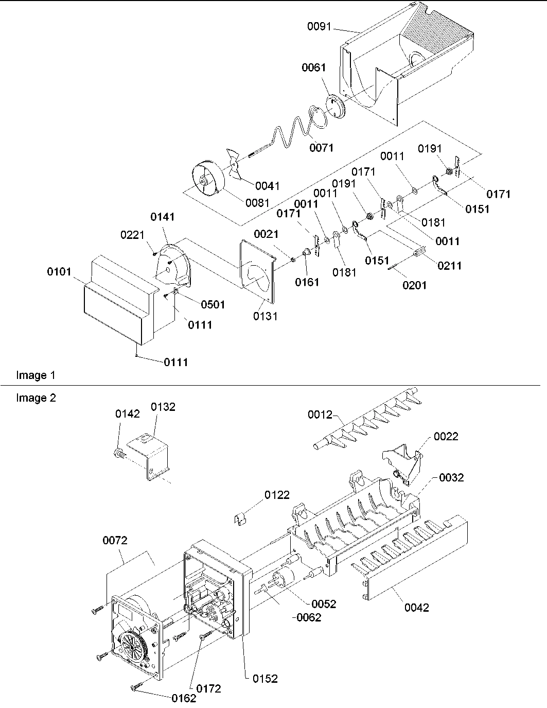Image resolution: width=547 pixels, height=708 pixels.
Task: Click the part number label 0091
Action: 320,27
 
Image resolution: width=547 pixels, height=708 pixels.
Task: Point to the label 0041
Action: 267,186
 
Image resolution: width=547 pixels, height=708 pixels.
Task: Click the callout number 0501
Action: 213,304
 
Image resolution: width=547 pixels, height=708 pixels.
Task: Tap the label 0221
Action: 133,235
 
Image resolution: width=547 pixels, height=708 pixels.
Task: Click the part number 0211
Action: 449,266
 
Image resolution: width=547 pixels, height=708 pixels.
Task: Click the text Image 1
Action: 36,375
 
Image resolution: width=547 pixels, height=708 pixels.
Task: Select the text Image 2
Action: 36,398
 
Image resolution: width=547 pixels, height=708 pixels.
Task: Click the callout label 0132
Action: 163,407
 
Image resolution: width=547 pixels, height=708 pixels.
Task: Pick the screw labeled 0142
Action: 118,453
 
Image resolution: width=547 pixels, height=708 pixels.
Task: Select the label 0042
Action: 416,608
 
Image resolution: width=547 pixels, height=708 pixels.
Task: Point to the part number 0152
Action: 265,679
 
